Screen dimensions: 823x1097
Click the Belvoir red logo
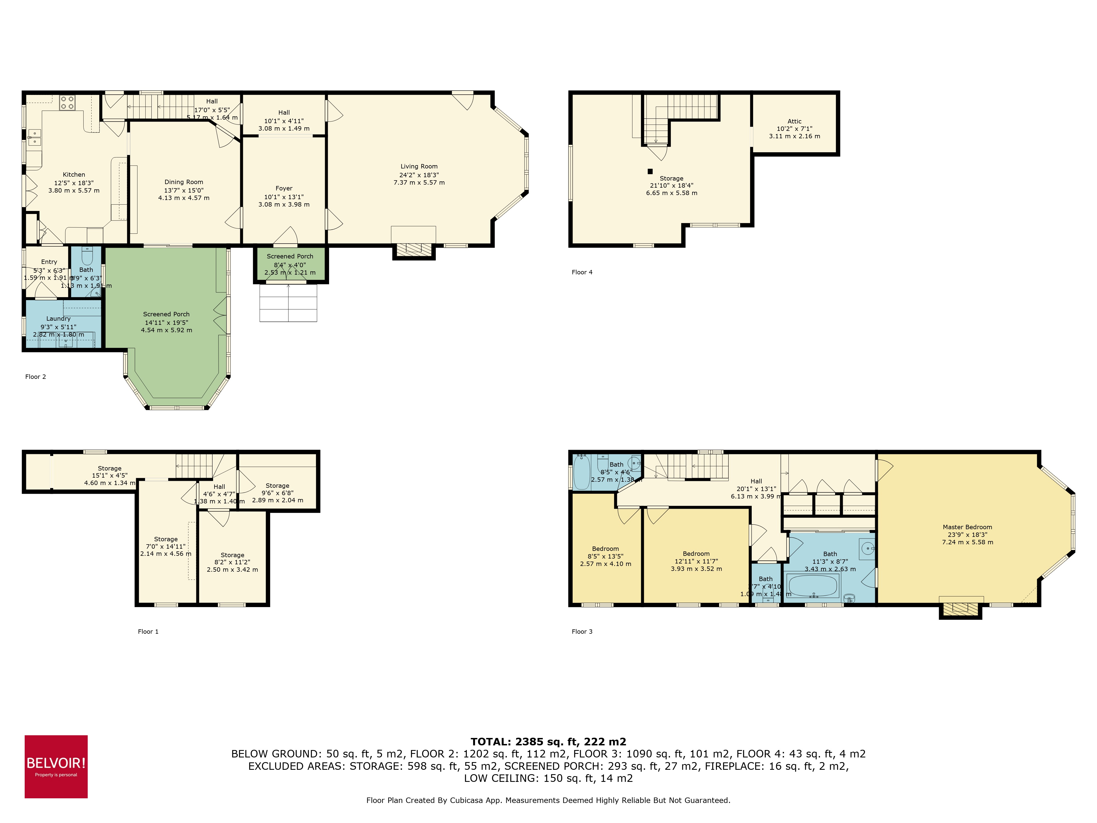tap(56, 766)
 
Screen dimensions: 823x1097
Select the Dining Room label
tap(183, 182)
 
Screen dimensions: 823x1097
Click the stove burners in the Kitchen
tap(67, 103)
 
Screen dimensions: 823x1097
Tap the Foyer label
tap(284, 188)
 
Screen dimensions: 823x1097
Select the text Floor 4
tap(582, 272)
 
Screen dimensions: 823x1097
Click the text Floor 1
tap(148, 632)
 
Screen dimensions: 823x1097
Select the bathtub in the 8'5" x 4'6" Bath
tap(581, 472)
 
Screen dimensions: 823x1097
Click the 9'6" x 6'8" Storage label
tap(277, 486)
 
